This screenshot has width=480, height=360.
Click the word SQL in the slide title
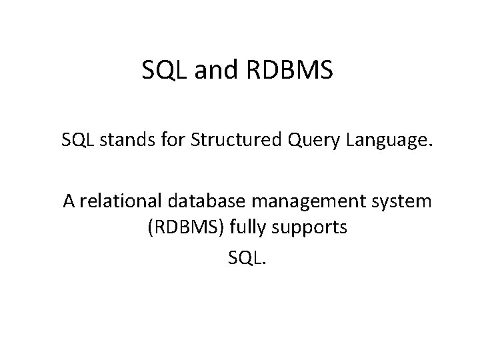click(164, 69)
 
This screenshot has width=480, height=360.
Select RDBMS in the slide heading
click(291, 69)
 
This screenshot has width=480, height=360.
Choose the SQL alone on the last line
click(245, 257)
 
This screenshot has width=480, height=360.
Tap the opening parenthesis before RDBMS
click(150, 228)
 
